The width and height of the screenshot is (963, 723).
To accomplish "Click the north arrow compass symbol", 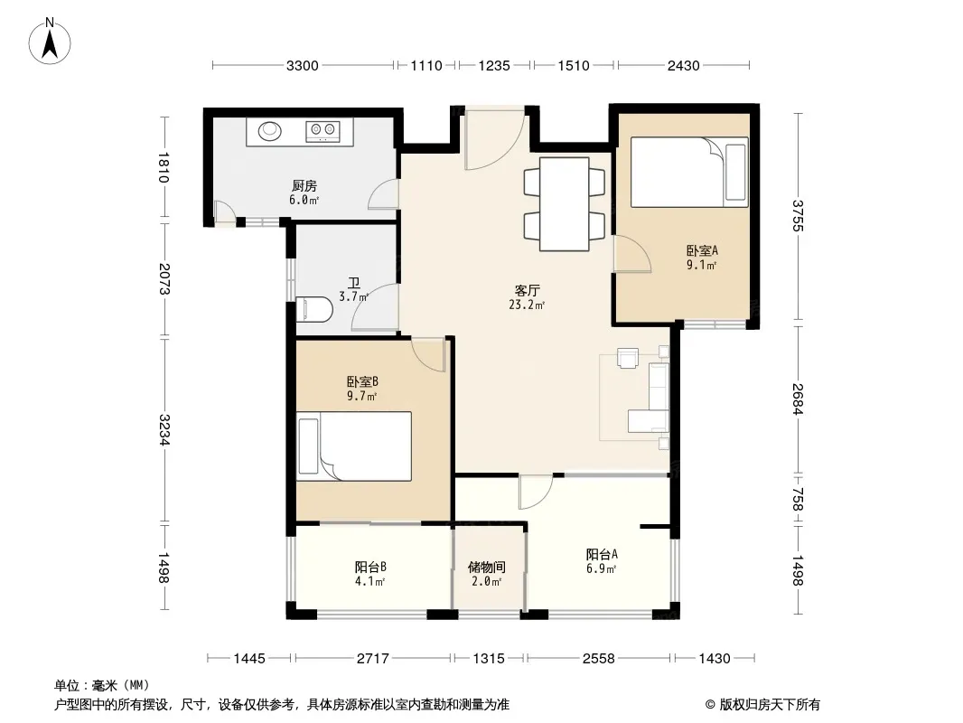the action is click(50, 42).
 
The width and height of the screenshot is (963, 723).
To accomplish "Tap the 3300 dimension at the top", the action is click(302, 66).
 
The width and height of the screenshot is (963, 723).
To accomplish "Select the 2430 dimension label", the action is click(684, 66).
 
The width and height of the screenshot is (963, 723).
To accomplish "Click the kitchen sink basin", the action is click(269, 130).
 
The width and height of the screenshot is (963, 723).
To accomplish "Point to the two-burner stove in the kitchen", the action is click(323, 130).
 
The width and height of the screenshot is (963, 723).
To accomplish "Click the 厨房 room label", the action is click(304, 185).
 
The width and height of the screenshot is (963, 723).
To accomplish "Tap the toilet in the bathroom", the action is click(313, 310).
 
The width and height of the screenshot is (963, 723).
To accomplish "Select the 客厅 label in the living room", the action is click(527, 290).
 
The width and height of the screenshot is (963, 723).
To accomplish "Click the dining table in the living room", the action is click(565, 204).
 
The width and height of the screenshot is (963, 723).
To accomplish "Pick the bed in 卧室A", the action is click(689, 172).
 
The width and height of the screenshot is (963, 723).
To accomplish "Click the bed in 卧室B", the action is click(354, 446).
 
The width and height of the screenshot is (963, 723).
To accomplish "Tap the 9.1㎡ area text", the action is click(702, 266).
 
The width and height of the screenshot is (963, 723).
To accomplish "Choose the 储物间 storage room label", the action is click(486, 567).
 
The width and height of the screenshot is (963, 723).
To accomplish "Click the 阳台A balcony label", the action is click(602, 554).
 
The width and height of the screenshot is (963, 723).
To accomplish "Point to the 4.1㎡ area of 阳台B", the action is click(369, 581).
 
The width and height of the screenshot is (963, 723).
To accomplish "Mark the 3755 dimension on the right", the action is click(797, 216).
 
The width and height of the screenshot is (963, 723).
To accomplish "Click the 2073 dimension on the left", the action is click(164, 278).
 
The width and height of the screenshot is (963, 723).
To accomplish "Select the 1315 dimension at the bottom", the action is click(489, 659).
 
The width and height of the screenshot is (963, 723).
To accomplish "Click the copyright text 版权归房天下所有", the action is click(770, 705).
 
